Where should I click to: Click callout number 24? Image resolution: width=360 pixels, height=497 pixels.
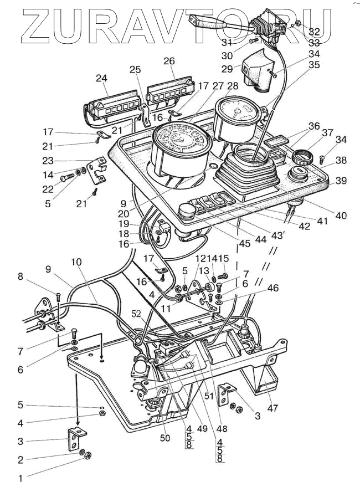pos(101,78)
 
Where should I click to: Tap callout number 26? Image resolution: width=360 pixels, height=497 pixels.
pos(169,60)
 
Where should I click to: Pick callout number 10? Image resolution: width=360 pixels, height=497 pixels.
pos(76,261)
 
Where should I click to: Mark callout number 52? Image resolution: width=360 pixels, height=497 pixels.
pos(136,314)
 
